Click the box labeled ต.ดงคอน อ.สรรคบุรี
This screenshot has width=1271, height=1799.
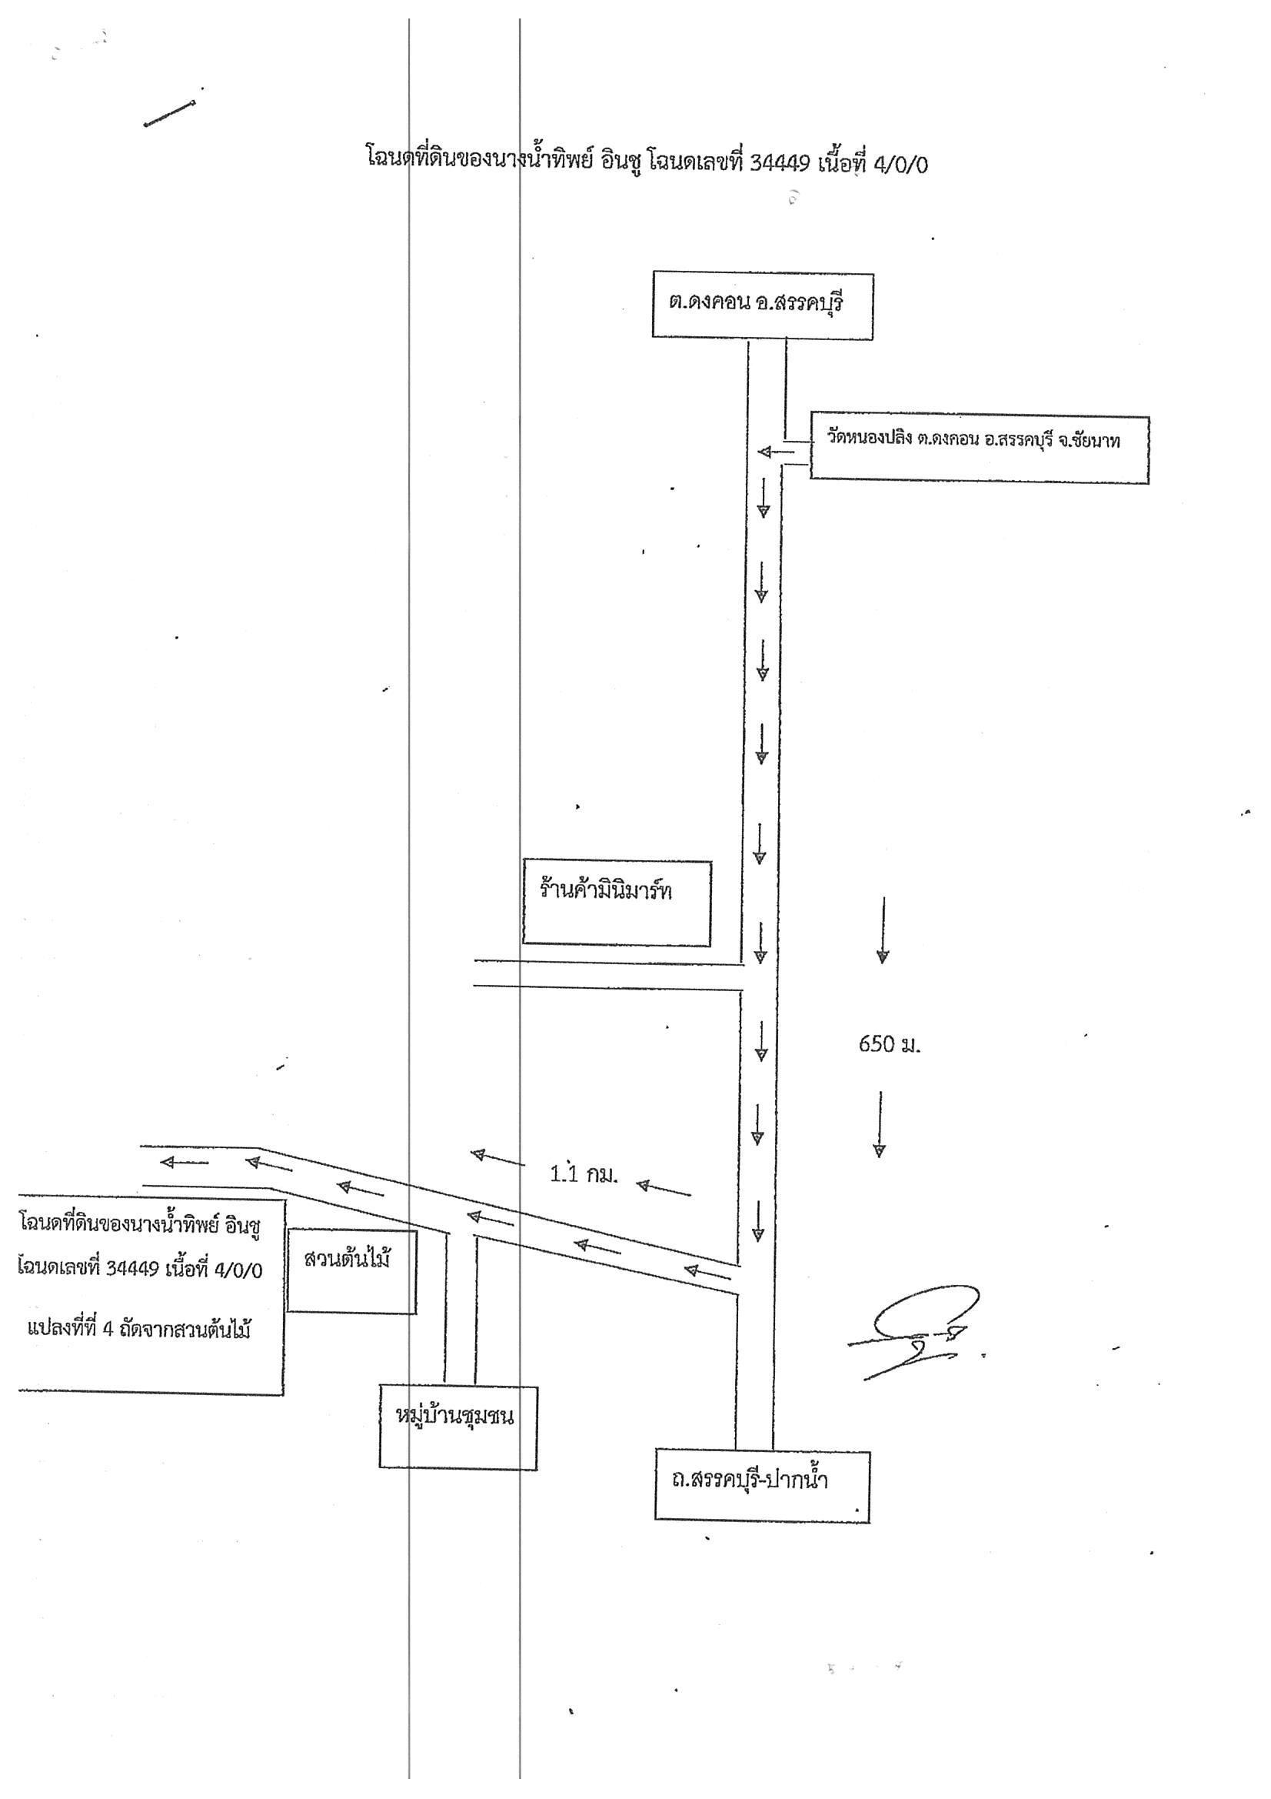pyautogui.click(x=763, y=306)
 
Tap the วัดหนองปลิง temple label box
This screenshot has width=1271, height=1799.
pyautogui.click(x=979, y=449)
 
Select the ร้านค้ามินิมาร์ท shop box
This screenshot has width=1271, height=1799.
pyautogui.click(x=617, y=903)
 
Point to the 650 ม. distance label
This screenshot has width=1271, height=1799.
pyautogui.click(x=890, y=1044)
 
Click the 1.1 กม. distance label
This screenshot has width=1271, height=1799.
pyautogui.click(x=584, y=1174)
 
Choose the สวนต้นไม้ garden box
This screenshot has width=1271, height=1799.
pyautogui.click(x=351, y=1270)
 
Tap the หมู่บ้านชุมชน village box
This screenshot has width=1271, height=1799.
pyautogui.click(x=458, y=1427)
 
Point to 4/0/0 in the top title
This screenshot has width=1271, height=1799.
pyautogui.click(x=900, y=165)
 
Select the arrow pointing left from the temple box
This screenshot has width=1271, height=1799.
pyautogui.click(x=775, y=452)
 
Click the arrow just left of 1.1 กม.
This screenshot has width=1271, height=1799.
pyautogui.click(x=498, y=1159)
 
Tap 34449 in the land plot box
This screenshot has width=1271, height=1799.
pyautogui.click(x=132, y=1270)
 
